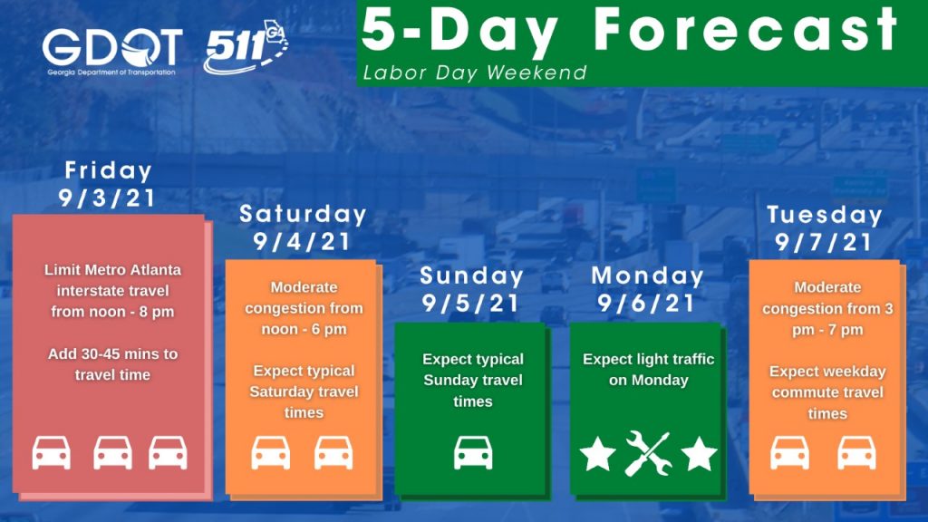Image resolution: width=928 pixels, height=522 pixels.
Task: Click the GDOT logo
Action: pos(111,52)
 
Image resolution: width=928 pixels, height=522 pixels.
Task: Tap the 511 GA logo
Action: pos(246,46)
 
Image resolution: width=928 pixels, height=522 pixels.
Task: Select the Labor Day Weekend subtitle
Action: pos(475,72)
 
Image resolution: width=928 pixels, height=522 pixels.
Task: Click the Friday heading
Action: pos(109,170)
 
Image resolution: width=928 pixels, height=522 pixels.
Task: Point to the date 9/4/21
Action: pos(302,241)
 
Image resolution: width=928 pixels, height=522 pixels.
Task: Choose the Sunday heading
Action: pos(471,275)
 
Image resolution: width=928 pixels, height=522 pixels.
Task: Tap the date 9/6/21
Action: pos(646,303)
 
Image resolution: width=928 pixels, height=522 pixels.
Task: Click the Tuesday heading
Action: pos(825,215)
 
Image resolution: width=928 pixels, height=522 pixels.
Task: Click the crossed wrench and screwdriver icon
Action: pos(648,453)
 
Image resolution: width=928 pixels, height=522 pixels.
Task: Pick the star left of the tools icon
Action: pos(597,454)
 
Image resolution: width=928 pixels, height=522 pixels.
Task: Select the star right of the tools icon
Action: pos(699,454)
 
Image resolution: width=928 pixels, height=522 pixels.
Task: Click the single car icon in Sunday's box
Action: pos(473,453)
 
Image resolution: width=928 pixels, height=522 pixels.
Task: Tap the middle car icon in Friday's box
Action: pos(112,453)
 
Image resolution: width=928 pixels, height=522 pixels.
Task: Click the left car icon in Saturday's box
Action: pos(270,453)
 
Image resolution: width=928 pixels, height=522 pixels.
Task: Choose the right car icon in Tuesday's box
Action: pos(856,453)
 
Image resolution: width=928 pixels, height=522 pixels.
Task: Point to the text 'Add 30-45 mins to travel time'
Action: pos(112,364)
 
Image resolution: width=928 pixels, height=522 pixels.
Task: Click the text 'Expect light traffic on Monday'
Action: pos(648,370)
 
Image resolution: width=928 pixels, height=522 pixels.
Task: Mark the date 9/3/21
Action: pos(107,198)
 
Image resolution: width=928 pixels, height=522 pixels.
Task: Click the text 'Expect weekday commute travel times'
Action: pos(827,392)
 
